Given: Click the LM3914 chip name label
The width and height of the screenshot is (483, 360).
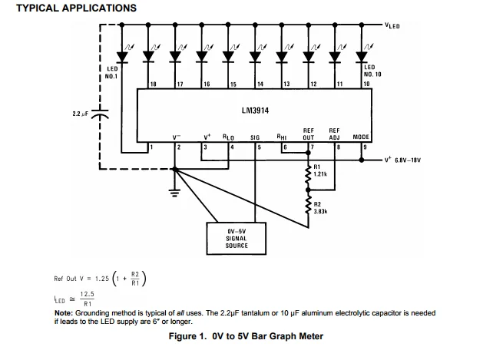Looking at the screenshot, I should [x=255, y=111].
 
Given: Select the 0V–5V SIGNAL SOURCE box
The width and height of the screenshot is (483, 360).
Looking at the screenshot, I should [x=237, y=237].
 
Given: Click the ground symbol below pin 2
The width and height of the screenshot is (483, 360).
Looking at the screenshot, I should [x=174, y=190].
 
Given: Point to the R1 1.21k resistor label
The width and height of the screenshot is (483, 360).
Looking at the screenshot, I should [x=320, y=170].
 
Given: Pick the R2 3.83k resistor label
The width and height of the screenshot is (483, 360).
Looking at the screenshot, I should [x=320, y=206].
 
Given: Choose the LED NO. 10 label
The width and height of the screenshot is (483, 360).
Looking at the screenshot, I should [x=372, y=71].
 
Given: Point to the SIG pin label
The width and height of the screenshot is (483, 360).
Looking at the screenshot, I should [x=255, y=137].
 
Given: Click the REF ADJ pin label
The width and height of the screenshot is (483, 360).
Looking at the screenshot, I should [x=334, y=134].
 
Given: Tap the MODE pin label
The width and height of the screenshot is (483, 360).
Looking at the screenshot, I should [x=361, y=137].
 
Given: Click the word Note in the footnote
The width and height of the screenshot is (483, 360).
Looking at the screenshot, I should [x=65, y=313].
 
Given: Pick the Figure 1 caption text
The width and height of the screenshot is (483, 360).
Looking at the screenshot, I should [x=246, y=336].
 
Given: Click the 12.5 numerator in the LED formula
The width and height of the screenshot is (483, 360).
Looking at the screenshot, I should [x=87, y=294].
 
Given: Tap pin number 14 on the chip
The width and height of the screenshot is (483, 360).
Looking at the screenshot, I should [x=260, y=82].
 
